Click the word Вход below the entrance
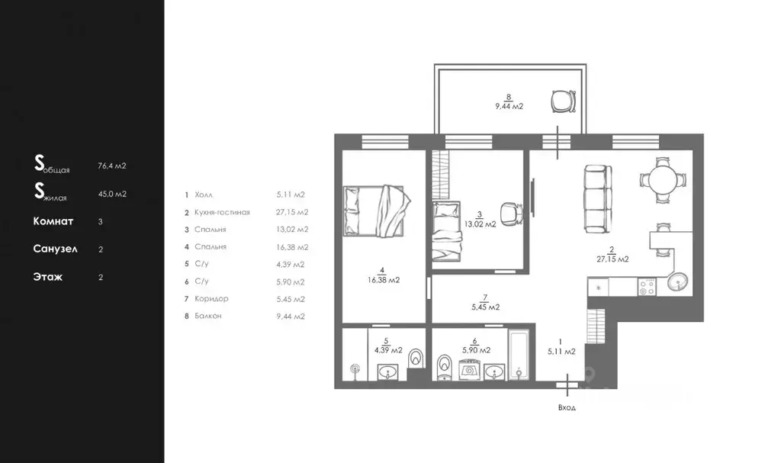(567, 407)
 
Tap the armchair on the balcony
(564, 101)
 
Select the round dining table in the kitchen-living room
(663, 179)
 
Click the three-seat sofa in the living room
(598, 199)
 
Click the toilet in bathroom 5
(415, 359)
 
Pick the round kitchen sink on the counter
(678, 282)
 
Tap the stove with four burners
(647, 287)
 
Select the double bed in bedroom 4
(377, 211)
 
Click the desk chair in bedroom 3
(512, 214)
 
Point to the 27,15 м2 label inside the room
(612, 259)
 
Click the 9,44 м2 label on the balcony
(509, 106)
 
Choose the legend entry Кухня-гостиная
(222, 212)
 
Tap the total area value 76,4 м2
(112, 166)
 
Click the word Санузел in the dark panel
(55, 249)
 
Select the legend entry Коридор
(211, 298)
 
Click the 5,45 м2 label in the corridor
(486, 307)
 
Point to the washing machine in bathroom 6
(469, 370)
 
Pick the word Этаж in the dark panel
(48, 277)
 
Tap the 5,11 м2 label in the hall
(561, 352)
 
